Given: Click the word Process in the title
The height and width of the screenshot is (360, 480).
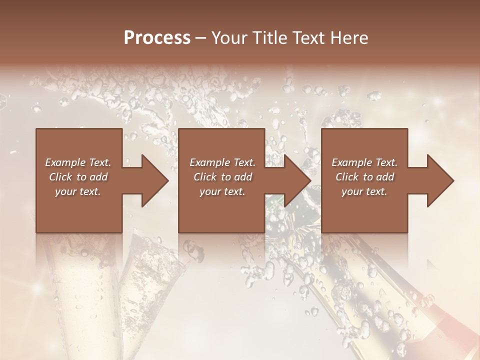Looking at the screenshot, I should (x=157, y=38).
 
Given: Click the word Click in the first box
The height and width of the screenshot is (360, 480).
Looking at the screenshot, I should (x=61, y=177).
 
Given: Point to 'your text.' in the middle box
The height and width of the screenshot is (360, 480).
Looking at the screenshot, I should (x=222, y=191).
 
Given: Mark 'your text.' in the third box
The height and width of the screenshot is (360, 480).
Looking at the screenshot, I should (x=364, y=191).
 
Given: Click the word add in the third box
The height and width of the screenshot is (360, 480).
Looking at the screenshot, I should (x=384, y=177).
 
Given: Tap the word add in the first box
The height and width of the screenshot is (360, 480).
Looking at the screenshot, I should (x=98, y=177).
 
